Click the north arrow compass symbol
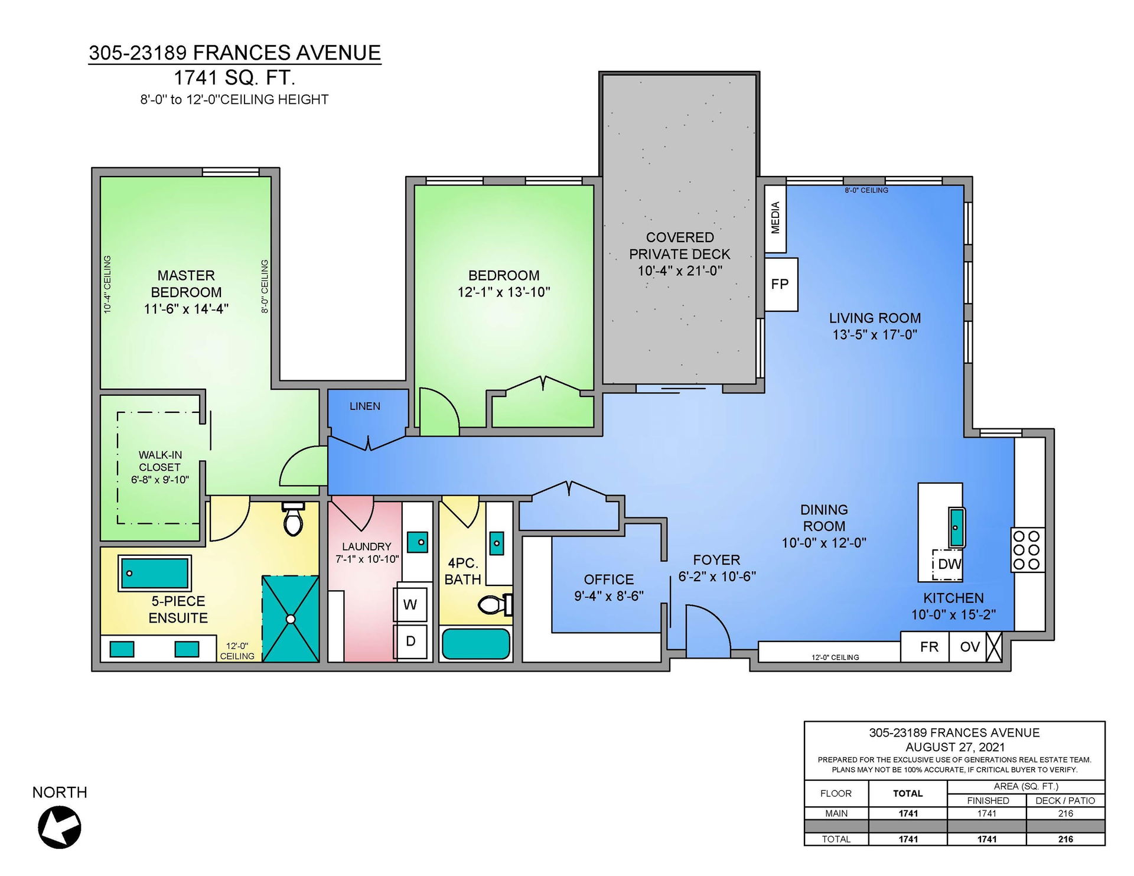(60, 827)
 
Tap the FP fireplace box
(781, 284)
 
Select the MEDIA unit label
(775, 218)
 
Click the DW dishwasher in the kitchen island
(948, 564)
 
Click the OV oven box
(969, 647)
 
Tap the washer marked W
(410, 604)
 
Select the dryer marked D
(410, 641)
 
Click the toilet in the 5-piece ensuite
(294, 519)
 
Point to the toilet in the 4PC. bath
(495, 604)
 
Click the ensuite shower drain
(291, 619)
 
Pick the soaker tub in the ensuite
(155, 573)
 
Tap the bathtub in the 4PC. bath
(476, 644)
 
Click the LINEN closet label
(365, 406)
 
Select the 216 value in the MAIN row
(1065, 813)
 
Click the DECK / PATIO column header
(1065, 800)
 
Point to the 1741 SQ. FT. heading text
(234, 77)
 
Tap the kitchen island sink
(957, 527)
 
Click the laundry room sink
(418, 542)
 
